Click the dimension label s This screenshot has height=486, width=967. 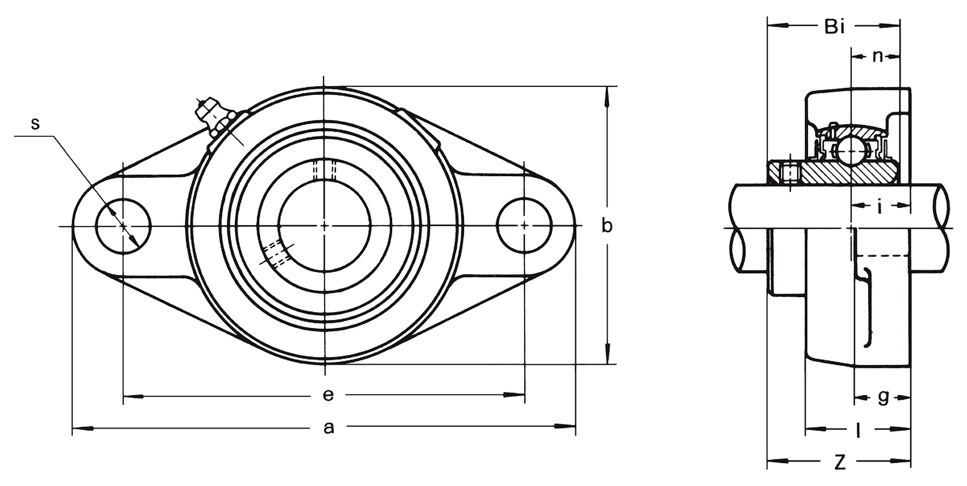pos(35,124)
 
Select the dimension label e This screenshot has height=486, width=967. pos(328,395)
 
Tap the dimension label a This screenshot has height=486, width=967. pos(329,428)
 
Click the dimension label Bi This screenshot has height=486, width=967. pos(834,27)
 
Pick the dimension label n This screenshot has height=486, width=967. pos(878,57)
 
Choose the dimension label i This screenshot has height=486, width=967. pos(880,206)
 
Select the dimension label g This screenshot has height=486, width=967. pos(883,398)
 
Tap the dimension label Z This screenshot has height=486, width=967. pos(840,462)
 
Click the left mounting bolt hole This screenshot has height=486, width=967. pos(123,226)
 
